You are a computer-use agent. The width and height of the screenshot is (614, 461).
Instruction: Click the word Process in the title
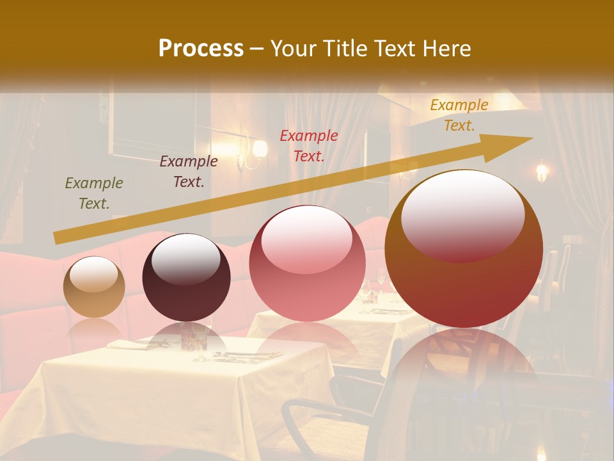(x=201, y=49)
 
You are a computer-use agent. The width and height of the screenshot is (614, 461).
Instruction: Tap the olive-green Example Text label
(x=94, y=193)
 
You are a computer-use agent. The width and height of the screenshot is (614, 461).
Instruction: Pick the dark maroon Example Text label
(x=189, y=172)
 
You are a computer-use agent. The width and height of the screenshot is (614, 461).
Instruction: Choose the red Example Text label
(x=309, y=145)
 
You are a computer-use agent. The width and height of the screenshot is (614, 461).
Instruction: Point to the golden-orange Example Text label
(x=459, y=115)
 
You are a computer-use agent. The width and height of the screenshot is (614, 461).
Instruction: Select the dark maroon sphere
(x=186, y=277)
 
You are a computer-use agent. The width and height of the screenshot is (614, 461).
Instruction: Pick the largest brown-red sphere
(x=464, y=249)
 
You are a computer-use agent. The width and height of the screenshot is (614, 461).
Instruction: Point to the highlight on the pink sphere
(x=306, y=239)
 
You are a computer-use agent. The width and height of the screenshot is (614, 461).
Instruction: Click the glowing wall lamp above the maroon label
(x=258, y=149)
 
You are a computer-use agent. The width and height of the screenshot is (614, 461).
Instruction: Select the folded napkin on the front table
(x=128, y=344)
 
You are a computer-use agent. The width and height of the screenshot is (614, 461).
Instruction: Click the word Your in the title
(x=294, y=49)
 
